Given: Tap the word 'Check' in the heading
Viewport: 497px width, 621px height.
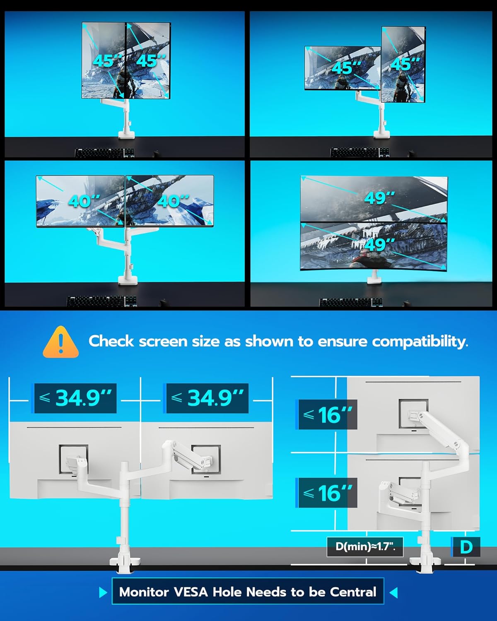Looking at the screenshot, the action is click(x=111, y=341).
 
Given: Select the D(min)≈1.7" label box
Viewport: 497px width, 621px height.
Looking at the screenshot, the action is click(x=365, y=546).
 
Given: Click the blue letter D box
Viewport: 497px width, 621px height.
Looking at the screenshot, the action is click(x=466, y=546).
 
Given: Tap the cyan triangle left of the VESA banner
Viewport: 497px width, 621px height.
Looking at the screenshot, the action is click(x=103, y=592).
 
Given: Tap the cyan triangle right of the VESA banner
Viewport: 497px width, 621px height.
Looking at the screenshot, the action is click(x=393, y=592).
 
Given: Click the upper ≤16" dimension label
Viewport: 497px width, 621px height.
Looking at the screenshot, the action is click(x=326, y=415).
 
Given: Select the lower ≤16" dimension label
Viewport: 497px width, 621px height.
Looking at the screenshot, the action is click(x=326, y=493).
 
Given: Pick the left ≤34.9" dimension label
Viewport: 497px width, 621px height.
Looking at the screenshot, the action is click(x=74, y=398).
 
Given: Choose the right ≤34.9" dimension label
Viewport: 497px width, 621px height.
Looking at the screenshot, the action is click(x=206, y=398).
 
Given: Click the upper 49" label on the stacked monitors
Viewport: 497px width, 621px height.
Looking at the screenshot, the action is click(x=379, y=198).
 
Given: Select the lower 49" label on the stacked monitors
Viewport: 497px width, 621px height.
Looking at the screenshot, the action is click(x=379, y=244).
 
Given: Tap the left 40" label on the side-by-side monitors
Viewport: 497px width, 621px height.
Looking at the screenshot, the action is click(x=84, y=201).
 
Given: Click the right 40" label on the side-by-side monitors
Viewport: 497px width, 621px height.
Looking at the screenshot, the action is click(x=173, y=201).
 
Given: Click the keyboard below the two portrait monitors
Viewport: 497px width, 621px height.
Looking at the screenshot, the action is click(x=105, y=153).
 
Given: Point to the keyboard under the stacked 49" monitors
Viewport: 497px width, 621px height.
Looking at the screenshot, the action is click(x=351, y=302).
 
